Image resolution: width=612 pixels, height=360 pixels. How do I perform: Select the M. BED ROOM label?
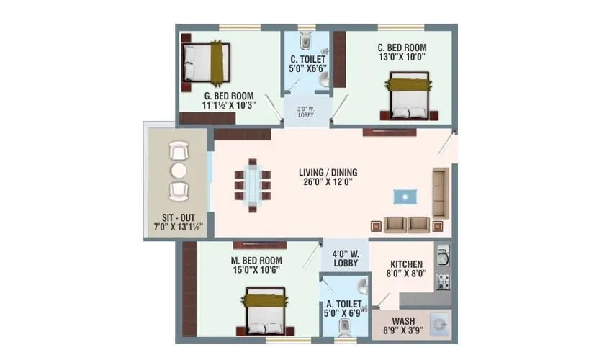click(256, 260)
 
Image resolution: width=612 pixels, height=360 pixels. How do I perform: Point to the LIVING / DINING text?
click(328, 173)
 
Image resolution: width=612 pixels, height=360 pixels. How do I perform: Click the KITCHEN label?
click(406, 264)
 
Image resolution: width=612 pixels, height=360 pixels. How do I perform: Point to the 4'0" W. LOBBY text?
click(345, 258)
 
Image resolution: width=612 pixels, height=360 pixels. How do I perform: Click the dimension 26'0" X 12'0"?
click(328, 182)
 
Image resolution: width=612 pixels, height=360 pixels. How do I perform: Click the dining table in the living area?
click(251, 184)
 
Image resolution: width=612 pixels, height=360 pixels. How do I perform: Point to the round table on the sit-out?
click(178, 171)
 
